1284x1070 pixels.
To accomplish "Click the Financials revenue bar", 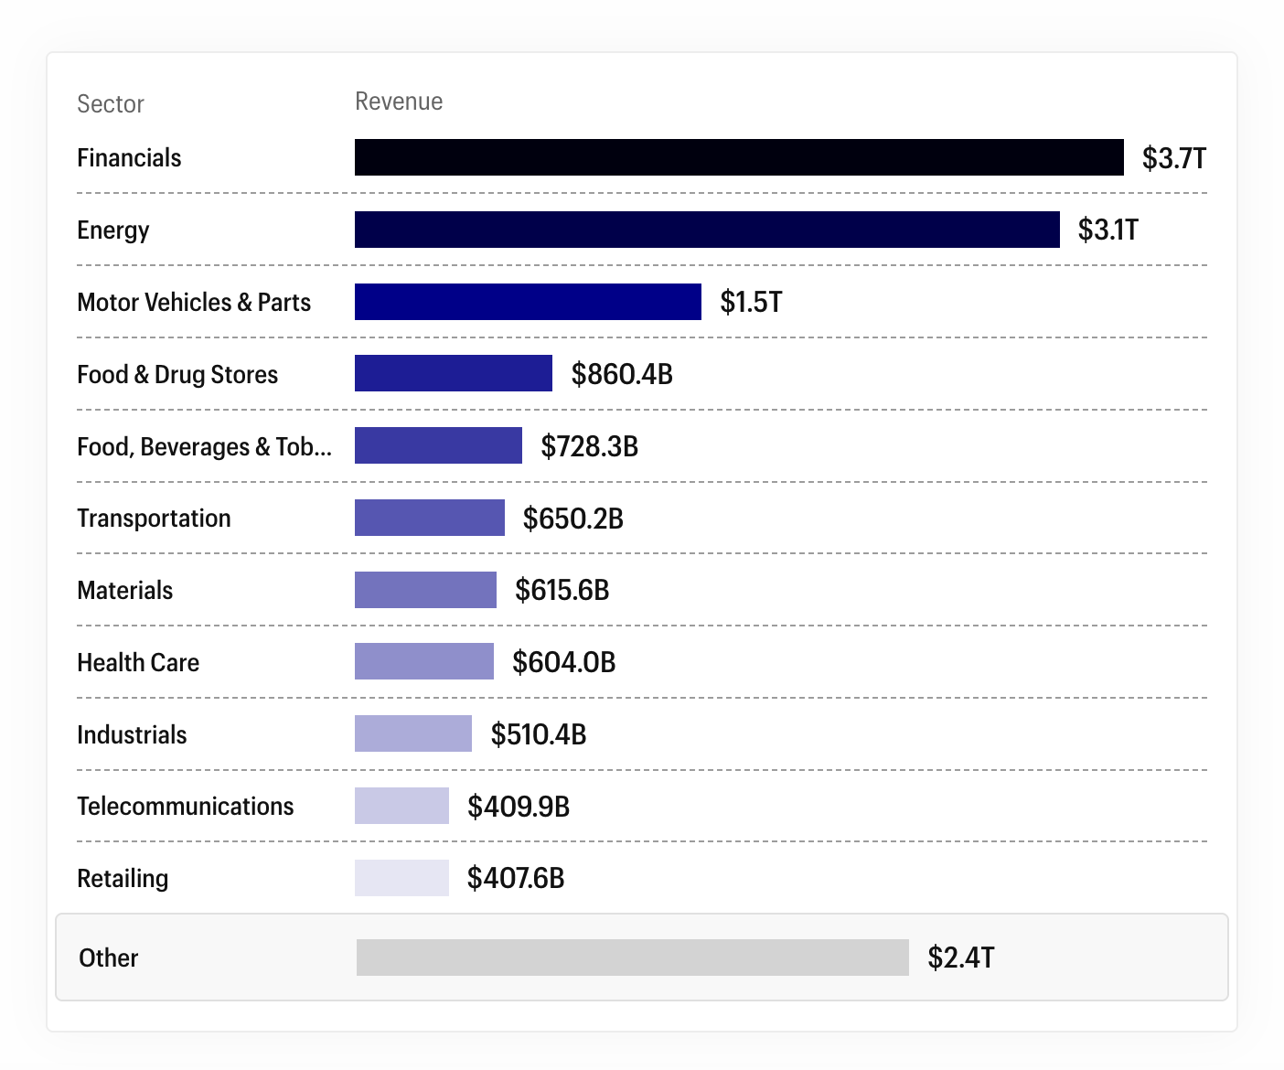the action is (x=739, y=157).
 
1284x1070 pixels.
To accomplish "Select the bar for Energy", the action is (x=707, y=230).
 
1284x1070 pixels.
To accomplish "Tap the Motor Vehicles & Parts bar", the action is (x=528, y=301).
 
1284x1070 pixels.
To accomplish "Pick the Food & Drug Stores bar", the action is (x=454, y=373).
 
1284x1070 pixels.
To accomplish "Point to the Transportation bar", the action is (x=429, y=518).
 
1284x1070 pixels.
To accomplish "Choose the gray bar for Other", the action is (x=632, y=958).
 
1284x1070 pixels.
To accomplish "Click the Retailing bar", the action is (x=401, y=878).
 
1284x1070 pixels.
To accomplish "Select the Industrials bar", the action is (x=413, y=733).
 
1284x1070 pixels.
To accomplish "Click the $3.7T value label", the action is (x=1174, y=158).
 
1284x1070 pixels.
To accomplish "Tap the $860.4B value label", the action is (x=622, y=374).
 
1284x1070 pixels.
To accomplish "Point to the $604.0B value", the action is (x=564, y=662).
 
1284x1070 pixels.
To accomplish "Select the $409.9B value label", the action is (x=519, y=807).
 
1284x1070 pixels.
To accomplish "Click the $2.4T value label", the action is (x=960, y=958).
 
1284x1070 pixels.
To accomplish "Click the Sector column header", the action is (x=111, y=104).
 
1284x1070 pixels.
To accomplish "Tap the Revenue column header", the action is (x=399, y=102).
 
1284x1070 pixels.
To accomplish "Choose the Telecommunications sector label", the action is (x=185, y=807).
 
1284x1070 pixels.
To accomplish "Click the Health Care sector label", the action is (x=138, y=662).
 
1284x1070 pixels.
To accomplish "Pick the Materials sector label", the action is (x=124, y=591).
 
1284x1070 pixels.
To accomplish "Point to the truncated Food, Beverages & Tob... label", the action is (x=204, y=446).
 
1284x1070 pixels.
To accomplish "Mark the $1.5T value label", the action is (x=751, y=302).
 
